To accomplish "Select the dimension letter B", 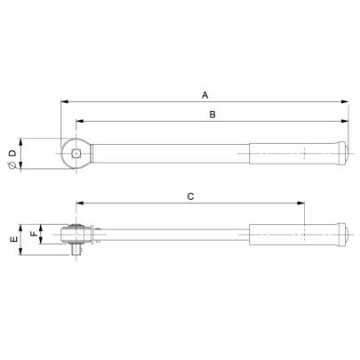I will coord(212,115).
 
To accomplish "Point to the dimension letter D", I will coord(12,153).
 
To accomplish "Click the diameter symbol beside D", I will coord(12,165).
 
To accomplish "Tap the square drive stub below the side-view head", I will coord(76,252).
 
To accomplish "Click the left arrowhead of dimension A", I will coord(65,101).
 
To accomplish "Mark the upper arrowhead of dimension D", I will coord(24,140).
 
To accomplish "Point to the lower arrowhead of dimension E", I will coord(24,254).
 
